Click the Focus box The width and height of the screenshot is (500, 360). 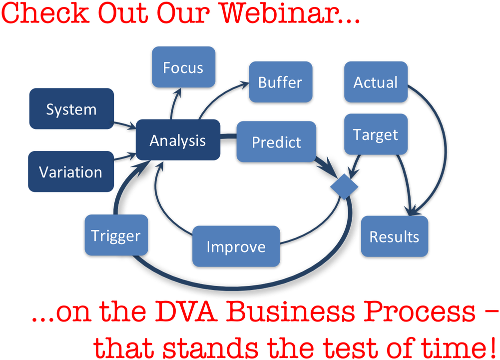point(183,67)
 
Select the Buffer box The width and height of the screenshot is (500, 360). point(280,82)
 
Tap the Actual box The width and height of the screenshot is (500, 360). point(376,82)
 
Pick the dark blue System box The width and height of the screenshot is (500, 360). point(71,109)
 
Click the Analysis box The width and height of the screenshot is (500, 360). point(178,140)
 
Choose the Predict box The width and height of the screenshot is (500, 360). point(276,141)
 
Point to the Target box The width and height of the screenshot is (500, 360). point(376,134)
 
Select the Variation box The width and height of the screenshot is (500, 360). point(71,171)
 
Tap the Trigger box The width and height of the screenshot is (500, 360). point(116,235)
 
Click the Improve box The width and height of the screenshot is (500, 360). point(236,246)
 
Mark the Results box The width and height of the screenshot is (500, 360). point(395,236)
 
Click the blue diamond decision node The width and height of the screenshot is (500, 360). point(344,186)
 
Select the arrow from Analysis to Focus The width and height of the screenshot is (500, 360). point(174,103)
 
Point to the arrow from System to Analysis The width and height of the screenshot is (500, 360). point(125,125)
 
